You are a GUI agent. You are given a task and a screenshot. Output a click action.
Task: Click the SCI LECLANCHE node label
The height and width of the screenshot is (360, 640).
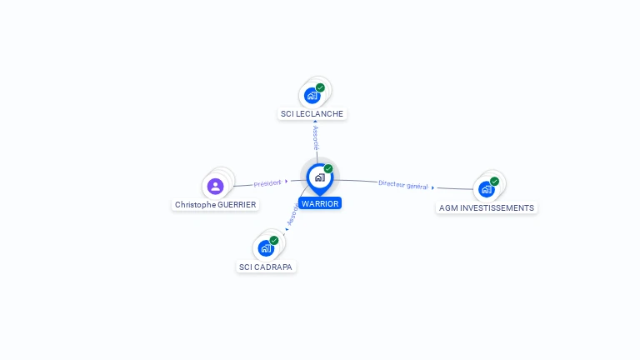tap(312, 113)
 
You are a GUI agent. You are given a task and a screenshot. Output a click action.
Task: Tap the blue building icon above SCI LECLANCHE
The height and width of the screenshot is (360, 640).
tap(312, 95)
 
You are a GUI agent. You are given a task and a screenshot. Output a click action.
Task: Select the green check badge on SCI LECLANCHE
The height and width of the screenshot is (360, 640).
tap(321, 87)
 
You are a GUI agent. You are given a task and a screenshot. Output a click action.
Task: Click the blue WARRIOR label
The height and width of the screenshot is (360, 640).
tap(320, 203)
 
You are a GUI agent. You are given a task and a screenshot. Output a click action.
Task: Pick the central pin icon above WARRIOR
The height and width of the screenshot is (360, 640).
tap(319, 177)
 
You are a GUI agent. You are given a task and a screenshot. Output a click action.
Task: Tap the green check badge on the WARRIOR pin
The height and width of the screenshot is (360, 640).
tap(328, 169)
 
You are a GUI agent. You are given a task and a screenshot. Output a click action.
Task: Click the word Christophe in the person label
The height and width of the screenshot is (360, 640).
tap(195, 204)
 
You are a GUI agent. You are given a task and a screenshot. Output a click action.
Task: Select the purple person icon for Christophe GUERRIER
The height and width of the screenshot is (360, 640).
tap(215, 186)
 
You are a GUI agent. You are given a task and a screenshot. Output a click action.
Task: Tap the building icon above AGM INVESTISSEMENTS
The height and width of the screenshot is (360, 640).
tap(487, 189)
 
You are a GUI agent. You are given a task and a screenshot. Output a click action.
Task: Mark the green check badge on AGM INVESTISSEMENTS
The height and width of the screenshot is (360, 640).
tap(495, 181)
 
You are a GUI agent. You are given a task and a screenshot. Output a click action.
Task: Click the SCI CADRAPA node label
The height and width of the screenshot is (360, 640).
tap(266, 267)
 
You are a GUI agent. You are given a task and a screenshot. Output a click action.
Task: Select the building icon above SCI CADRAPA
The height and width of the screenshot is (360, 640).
tap(266, 248)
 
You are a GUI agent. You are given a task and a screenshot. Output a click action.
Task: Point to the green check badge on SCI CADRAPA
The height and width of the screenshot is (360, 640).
tap(274, 240)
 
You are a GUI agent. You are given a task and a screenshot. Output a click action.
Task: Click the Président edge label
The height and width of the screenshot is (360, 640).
tap(267, 182)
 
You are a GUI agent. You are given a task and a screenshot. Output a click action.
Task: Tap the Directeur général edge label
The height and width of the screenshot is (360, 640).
tap(403, 184)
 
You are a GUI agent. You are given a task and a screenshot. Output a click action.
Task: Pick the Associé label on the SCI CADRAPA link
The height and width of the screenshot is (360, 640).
tap(292, 216)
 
